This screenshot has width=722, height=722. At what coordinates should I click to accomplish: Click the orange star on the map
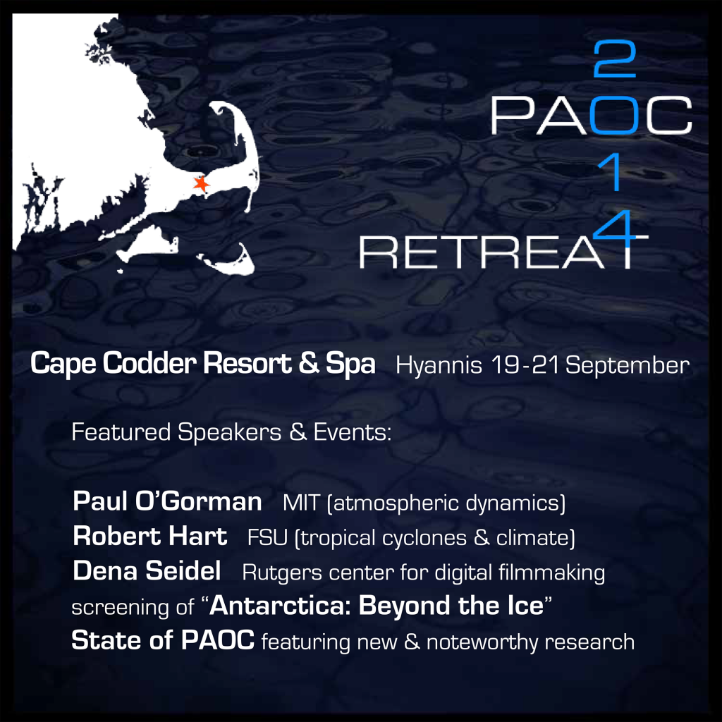point(202,184)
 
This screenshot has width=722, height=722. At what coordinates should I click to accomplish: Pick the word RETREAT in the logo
point(503,252)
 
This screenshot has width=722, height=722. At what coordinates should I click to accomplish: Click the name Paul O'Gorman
point(167,502)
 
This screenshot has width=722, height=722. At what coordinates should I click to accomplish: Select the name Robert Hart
point(149,537)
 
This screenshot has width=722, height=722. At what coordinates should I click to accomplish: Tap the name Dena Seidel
point(147,571)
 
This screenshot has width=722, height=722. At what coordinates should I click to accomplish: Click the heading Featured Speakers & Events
point(231,432)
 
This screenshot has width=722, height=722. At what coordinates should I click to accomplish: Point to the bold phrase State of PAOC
point(163,641)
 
